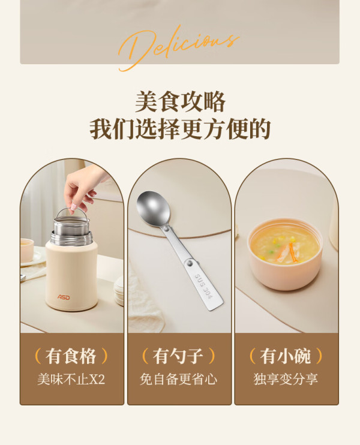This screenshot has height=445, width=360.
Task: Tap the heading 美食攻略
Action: (180, 101)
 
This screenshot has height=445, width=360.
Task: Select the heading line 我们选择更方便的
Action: (180, 129)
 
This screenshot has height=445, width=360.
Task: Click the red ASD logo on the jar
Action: (64, 297)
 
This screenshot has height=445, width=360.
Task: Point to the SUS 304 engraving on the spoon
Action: (203, 286)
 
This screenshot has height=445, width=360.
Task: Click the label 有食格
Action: (71, 356)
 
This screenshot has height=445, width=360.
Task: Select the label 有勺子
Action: (178, 356)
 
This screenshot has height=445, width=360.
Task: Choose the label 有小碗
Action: (286, 356)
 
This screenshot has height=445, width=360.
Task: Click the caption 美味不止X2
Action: (71, 379)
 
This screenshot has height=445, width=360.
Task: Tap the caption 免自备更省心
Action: (178, 379)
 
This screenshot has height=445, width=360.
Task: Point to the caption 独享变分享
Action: (286, 379)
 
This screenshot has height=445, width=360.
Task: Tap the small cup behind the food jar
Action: (26, 249)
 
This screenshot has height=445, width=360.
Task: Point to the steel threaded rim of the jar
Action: (71, 239)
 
